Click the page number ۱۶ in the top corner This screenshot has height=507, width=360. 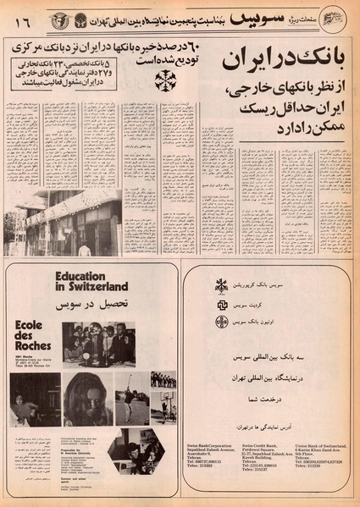pyautogui.click(x=19, y=16)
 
